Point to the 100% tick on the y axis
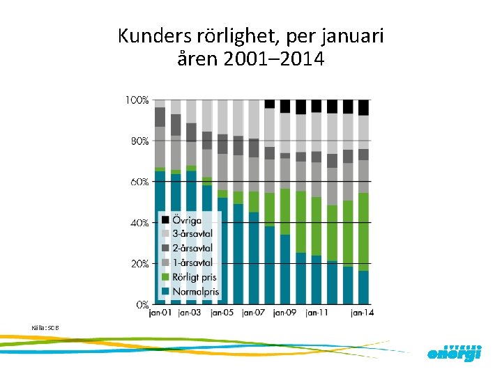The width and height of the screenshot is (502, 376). pyautogui.click(x=137, y=100)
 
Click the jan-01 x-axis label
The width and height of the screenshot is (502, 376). pyautogui.click(x=161, y=313)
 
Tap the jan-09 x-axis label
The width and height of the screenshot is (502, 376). pyautogui.click(x=285, y=313)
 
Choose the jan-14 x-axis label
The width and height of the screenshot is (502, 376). pyautogui.click(x=362, y=313)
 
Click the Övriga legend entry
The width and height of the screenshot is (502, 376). pyautogui.click(x=186, y=219)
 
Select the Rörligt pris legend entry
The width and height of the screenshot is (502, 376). pyautogui.click(x=193, y=277)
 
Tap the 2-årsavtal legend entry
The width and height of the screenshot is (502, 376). pyautogui.click(x=192, y=248)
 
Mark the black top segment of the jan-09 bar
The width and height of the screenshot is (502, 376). pyautogui.click(x=285, y=106)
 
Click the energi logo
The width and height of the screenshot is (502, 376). pyautogui.click(x=454, y=353)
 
